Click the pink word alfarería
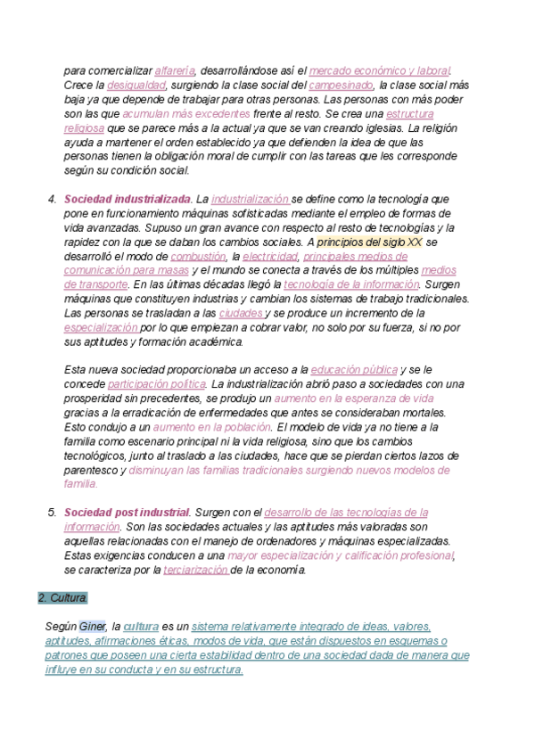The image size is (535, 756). point(176,70)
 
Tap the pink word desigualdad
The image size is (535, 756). point(136,86)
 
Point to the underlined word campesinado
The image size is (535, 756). point(341,86)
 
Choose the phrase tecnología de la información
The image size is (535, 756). point(351,284)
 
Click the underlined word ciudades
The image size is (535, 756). point(240,314)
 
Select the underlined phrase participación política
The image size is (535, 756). point(155,384)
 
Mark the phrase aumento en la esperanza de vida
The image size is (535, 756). point(354,399)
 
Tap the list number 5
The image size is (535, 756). point(52,513)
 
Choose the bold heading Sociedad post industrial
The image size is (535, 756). point(127,513)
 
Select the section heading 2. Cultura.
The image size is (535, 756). point(63,597)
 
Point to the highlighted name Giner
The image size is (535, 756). point(93,627)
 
